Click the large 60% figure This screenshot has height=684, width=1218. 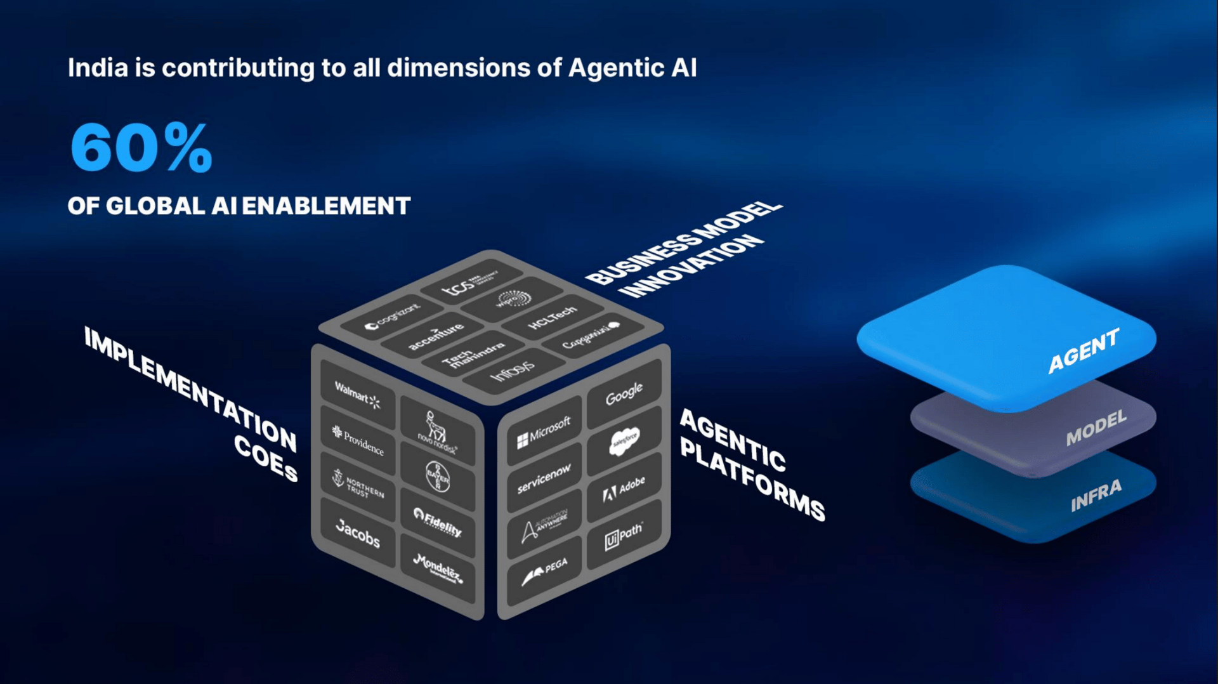pyautogui.click(x=141, y=148)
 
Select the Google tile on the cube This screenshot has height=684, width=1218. pyautogui.click(x=624, y=393)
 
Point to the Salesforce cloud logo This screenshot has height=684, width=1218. pyautogui.click(x=624, y=440)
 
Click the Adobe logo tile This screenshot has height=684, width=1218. pyautogui.click(x=624, y=488)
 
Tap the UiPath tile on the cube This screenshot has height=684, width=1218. pyautogui.click(x=624, y=534)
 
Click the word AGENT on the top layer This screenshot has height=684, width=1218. pyautogui.click(x=1084, y=350)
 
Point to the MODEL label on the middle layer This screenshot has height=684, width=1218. pyautogui.click(x=1096, y=428)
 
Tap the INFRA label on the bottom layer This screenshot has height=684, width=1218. pyautogui.click(x=1096, y=496)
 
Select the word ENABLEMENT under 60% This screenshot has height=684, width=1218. pyautogui.click(x=326, y=206)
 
